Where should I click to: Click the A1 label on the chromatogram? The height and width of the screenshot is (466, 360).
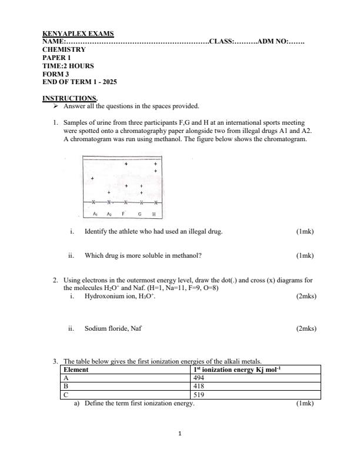(x=96, y=214)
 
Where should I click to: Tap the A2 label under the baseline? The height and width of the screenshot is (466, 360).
(x=109, y=214)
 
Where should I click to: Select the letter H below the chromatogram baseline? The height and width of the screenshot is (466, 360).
(x=154, y=214)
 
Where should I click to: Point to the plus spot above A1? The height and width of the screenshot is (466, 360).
(x=92, y=178)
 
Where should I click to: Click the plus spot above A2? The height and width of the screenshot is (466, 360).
(x=108, y=192)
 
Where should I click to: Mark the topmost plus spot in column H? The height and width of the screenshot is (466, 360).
(x=155, y=164)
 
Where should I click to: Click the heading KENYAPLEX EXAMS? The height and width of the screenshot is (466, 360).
(x=78, y=34)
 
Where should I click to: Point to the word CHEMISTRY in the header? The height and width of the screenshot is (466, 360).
(x=64, y=50)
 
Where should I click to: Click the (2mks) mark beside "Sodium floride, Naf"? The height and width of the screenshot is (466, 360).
(x=306, y=328)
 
